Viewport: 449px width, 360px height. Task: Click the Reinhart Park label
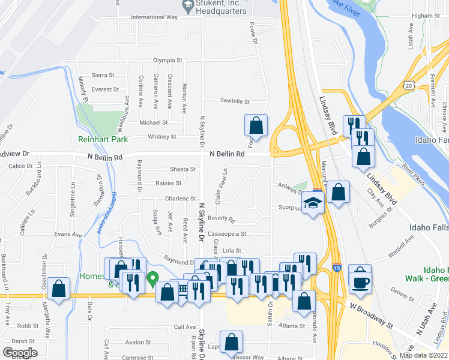coord(103,139)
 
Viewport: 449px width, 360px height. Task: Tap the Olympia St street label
coord(167,61)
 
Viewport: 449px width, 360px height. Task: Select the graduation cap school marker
coord(312,203)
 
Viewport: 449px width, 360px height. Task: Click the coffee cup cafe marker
coord(360,281)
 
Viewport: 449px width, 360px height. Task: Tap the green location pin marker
coord(153,278)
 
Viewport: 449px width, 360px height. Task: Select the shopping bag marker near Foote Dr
coord(256,125)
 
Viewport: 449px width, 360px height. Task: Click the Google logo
coord(20,353)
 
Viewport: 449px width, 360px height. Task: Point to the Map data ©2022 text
coord(424,355)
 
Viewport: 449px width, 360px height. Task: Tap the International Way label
coord(154,17)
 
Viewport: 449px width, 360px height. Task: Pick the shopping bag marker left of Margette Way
coord(59,289)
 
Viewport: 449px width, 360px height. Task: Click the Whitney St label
coord(162,137)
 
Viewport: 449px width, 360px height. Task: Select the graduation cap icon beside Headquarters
coord(187,5)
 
